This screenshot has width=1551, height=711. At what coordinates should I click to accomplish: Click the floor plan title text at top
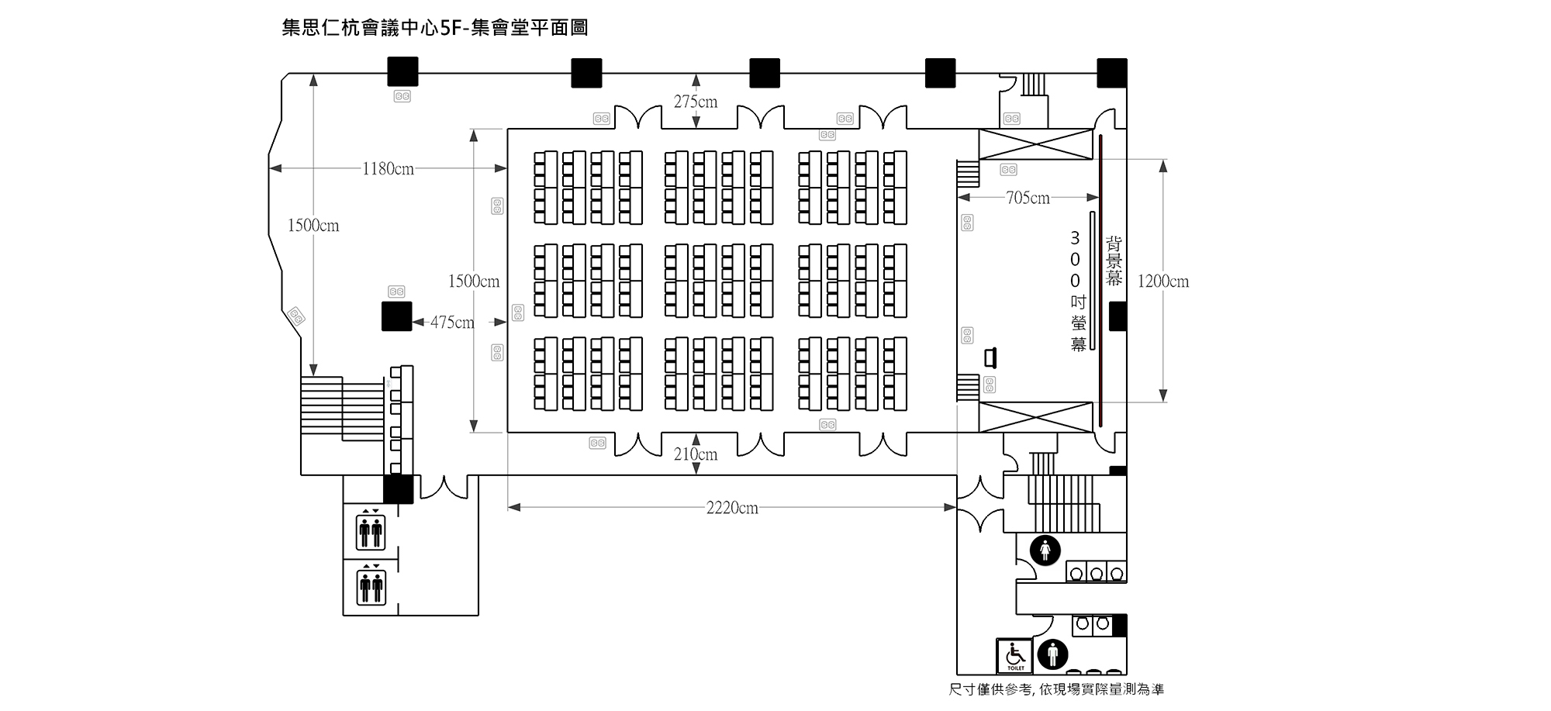(435, 28)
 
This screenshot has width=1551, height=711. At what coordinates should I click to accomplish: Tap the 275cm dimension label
(696, 102)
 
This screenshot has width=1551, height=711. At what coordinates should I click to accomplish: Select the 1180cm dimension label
(388, 168)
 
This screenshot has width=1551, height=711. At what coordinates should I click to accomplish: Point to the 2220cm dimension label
(732, 508)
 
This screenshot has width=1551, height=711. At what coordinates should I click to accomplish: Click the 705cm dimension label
(1028, 198)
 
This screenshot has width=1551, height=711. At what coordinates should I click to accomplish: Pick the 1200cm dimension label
(1163, 281)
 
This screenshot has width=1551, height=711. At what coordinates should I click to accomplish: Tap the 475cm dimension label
(452, 322)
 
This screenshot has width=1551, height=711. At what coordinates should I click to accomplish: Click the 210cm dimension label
(696, 454)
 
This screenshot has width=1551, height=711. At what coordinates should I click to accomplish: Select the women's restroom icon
(1045, 551)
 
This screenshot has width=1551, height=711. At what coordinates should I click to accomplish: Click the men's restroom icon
(1052, 655)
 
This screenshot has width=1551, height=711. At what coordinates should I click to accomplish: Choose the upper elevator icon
(371, 530)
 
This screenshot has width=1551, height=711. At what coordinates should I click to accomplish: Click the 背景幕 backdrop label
(1114, 261)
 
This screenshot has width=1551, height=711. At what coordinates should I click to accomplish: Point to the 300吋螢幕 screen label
(1077, 291)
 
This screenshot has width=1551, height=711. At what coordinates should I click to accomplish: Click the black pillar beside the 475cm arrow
(396, 316)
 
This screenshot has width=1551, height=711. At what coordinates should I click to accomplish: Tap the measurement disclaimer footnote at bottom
(1056, 689)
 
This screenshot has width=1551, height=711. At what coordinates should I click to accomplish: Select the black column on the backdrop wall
(1117, 316)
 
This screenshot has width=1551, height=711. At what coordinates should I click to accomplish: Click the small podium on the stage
(990, 357)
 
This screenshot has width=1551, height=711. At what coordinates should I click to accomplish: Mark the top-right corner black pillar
(1112, 73)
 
